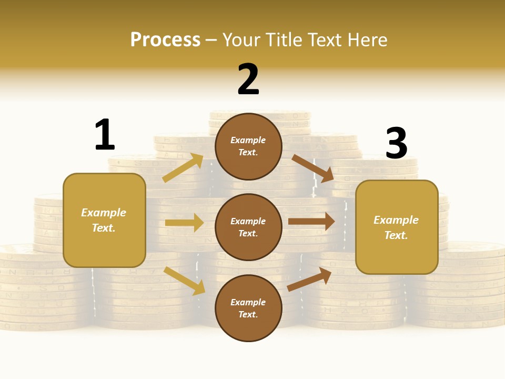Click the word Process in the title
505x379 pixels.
click(165, 40)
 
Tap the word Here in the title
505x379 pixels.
click(365, 40)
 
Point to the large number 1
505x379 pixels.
click(105, 135)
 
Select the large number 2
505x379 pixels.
click(248, 79)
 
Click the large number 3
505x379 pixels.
click(396, 143)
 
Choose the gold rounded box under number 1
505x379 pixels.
click(104, 220)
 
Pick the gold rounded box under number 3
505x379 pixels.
click(397, 227)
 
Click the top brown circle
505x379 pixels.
click(248, 146)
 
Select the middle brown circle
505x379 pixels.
click(248, 227)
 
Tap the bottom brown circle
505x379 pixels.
click(248, 308)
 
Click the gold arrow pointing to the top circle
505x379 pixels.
click(183, 167)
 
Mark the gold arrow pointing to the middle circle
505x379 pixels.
click(184, 223)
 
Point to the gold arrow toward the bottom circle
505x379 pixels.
click(184, 281)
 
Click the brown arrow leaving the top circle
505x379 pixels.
click(313, 168)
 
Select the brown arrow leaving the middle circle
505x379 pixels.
click(311, 222)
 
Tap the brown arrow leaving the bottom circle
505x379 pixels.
click(309, 279)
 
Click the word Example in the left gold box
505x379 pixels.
click(104, 213)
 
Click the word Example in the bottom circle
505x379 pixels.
click(248, 302)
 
